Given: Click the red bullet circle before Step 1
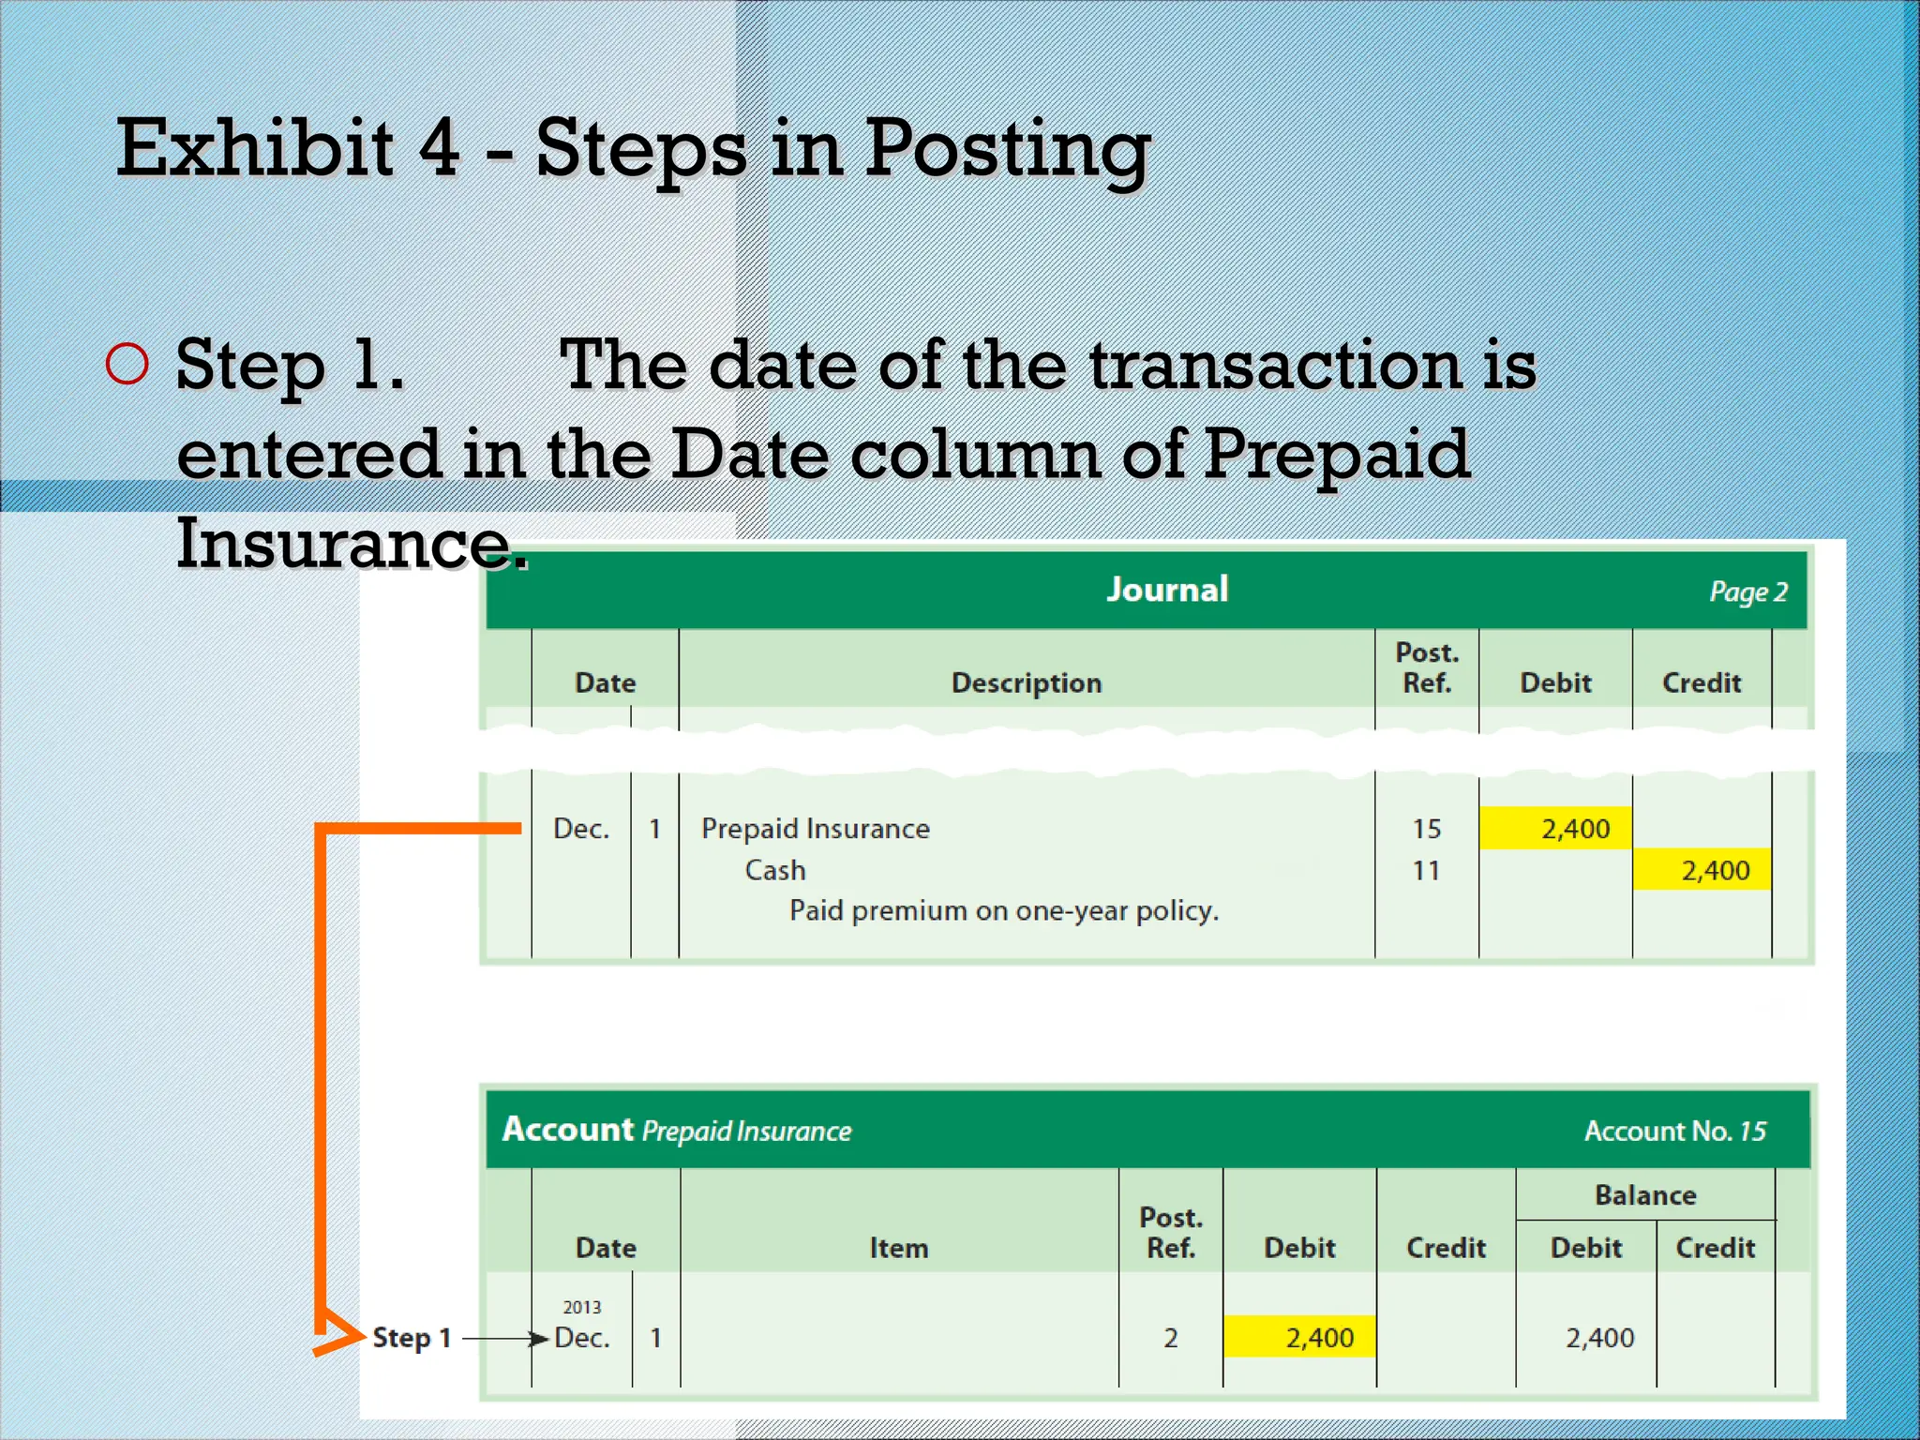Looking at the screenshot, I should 127,364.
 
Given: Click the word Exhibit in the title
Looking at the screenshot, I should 254,148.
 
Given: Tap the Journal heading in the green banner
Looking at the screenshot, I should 1167,590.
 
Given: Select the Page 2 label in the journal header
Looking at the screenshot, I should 1747,592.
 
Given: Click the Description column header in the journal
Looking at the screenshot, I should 1027,682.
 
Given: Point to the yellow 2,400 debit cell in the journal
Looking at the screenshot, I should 1556,829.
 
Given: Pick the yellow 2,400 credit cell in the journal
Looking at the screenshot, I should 1702,870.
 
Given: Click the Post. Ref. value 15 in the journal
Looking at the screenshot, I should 1426,829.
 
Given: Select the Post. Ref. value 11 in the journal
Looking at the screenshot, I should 1426,870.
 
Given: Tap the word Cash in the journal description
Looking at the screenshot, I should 775,870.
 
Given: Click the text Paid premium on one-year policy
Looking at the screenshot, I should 1004,910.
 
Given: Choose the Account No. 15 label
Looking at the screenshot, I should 1674,1131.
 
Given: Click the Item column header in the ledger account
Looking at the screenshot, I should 898,1248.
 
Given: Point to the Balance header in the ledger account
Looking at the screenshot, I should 1645,1195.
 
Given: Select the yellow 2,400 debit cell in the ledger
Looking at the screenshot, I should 1300,1338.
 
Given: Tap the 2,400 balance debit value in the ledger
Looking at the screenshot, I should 1599,1338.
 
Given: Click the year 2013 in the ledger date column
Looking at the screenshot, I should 581,1307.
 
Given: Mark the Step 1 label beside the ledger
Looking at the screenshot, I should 412,1338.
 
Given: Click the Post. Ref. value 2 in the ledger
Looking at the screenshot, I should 1171,1338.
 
